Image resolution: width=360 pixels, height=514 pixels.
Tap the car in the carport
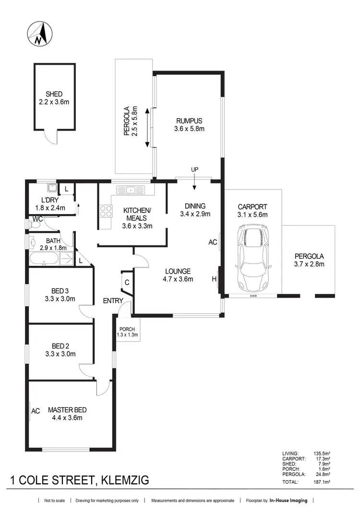tap(253, 257)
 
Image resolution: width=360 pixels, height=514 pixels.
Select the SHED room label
tap(54, 94)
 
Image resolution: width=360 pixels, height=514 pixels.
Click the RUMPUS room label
tap(189, 121)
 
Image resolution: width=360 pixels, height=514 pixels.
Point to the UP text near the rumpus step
tap(194, 169)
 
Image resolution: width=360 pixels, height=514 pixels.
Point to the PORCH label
tap(128, 329)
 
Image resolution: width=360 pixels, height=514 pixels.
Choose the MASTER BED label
tap(67, 410)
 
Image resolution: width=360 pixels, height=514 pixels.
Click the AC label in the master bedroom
tap(36, 411)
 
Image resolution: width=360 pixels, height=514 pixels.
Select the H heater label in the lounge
tap(215, 279)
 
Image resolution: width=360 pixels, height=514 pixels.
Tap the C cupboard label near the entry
tap(127, 283)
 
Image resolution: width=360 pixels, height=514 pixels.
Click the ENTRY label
tap(113, 301)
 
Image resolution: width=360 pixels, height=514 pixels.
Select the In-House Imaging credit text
tap(288, 501)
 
